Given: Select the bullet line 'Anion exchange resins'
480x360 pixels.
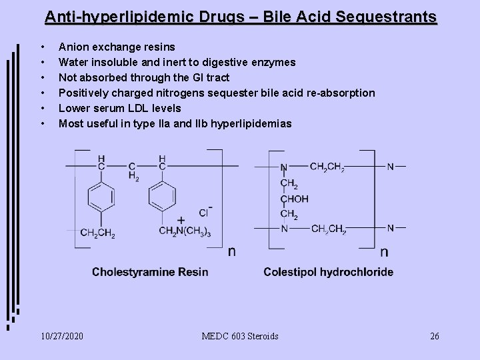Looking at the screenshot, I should (117, 47).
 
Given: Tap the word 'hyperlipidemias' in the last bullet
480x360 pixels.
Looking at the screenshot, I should (251, 123).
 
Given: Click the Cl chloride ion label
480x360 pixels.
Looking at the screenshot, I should (204, 213).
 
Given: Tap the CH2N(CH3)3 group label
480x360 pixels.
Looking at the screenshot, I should (184, 231).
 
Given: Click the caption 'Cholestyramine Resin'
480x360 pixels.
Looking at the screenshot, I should (150, 272).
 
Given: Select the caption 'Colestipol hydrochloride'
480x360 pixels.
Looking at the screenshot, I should (328, 272).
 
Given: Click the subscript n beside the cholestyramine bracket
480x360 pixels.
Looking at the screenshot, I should (231, 251).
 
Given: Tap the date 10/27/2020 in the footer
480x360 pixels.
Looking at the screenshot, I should (62, 336).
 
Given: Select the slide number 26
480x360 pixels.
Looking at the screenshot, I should (434, 336).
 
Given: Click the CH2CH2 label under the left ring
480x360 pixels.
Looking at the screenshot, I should (98, 232).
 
